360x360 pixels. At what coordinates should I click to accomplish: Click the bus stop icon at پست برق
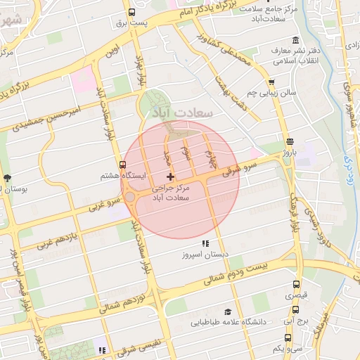[132, 12]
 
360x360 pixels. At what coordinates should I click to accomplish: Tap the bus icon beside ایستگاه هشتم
[123, 165]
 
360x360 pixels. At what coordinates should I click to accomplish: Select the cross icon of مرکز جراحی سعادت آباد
[169, 176]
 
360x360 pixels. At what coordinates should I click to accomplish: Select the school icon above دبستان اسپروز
[205, 243]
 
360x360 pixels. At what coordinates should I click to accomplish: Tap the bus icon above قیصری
[295, 285]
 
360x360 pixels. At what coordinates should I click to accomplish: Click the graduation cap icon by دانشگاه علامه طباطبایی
[226, 311]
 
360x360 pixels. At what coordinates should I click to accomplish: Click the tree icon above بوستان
[8, 178]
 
